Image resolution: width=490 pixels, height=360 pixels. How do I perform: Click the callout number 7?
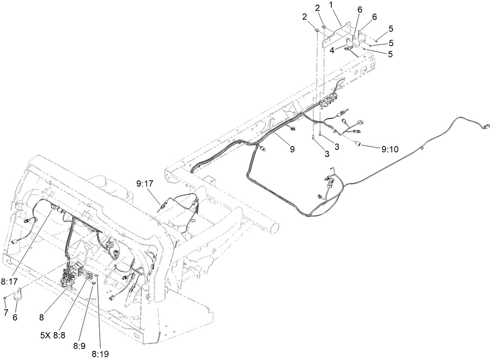point(5,312)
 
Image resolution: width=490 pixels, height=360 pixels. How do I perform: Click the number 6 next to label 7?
point(15,318)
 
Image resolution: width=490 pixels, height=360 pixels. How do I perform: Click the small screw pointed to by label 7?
point(5,298)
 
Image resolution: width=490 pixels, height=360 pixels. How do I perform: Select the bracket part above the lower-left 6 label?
point(18,295)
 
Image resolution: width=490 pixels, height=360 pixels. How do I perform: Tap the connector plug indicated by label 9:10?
point(358,146)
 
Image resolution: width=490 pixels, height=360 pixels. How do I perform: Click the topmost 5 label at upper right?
point(391,28)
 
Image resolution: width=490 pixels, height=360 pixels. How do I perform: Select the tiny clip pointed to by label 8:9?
point(93,284)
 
